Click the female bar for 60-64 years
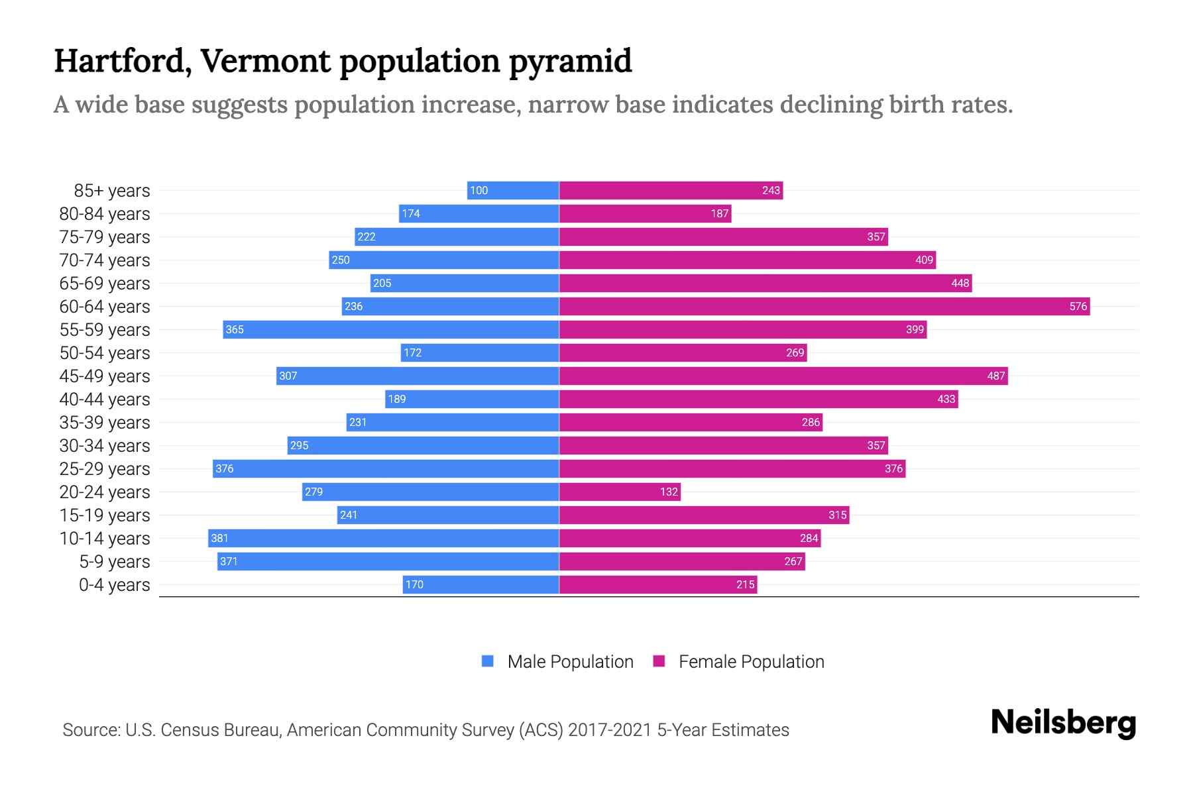[824, 306]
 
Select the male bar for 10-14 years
[384, 538]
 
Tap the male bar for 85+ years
[513, 190]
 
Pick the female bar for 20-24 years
[620, 492]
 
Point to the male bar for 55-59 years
[391, 329]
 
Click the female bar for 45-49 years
[783, 376]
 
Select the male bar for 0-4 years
[481, 584]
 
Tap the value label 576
[1078, 306]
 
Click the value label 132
[669, 492]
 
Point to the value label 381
[219, 538]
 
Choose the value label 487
[995, 376]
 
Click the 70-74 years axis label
[105, 260]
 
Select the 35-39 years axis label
[105, 422]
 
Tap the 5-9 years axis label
[115, 561]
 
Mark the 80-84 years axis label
[105, 213]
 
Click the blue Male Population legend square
[488, 661]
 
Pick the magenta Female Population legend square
[659, 661]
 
